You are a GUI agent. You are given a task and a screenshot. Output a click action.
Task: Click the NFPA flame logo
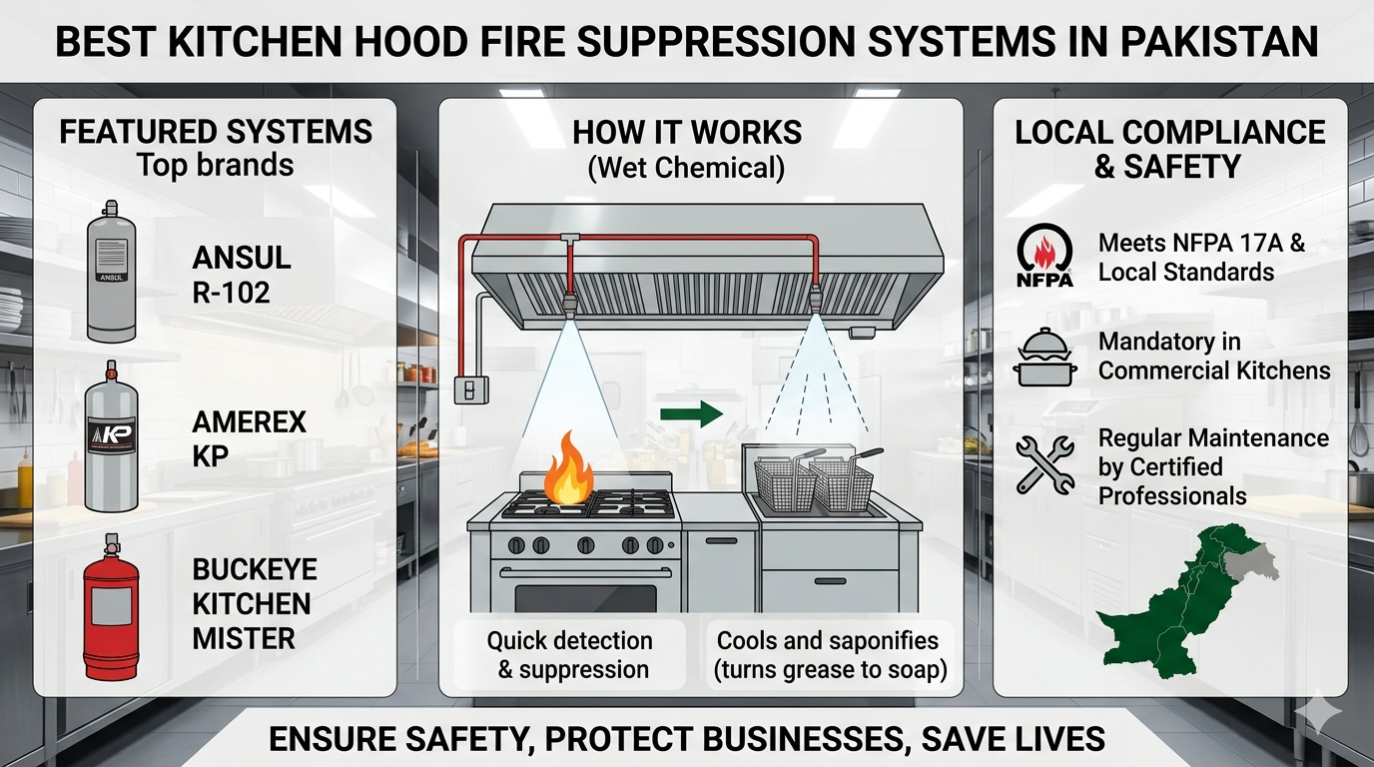click(x=1044, y=256)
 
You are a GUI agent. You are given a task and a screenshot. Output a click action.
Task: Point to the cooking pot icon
click(x=1044, y=359)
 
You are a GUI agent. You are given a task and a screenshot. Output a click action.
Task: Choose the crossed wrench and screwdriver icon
click(x=1044, y=464)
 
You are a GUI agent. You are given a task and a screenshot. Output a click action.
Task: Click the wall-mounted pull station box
click(x=466, y=388)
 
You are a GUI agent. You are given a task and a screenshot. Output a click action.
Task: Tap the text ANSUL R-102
click(x=242, y=274)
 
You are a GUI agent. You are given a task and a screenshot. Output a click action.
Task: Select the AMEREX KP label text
click(x=235, y=439)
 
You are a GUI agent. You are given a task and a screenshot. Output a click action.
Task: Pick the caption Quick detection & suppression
click(x=569, y=655)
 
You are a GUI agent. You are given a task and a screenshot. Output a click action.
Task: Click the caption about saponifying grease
click(x=828, y=655)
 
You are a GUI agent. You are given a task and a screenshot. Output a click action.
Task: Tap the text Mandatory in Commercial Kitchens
click(x=1214, y=357)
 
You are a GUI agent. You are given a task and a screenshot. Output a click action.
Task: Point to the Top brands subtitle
click(x=215, y=165)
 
